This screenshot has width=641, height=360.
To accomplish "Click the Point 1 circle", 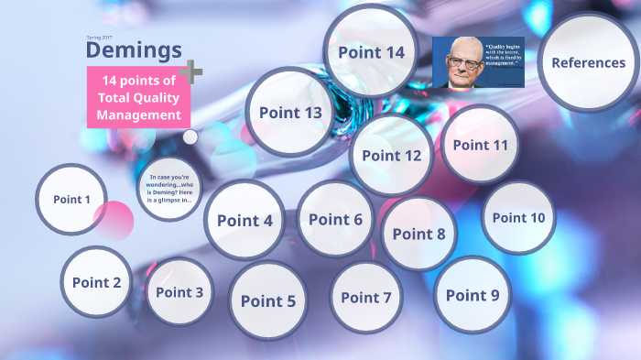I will (x=71, y=200).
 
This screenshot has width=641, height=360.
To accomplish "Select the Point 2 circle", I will (x=96, y=282).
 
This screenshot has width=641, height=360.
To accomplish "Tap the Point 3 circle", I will (x=179, y=292).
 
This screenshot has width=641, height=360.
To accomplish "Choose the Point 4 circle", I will (x=244, y=220).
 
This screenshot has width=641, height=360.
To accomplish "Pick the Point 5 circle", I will (x=268, y=300).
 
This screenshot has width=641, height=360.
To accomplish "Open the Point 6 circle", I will (x=335, y=219).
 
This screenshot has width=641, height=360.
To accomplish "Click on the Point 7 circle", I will (x=365, y=297).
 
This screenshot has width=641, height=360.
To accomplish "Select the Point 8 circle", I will (x=418, y=234).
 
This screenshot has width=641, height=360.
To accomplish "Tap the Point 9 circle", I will (x=472, y=295).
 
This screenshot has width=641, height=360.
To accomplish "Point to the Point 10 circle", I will (x=518, y=217).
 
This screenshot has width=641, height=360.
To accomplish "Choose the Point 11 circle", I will (x=480, y=145).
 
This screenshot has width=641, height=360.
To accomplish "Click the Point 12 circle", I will (x=391, y=155).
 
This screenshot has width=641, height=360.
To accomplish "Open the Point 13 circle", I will (x=290, y=113).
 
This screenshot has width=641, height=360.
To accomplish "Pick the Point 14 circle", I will (x=371, y=52).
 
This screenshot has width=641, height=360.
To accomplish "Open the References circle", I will (x=588, y=63).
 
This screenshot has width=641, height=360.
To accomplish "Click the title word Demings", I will (x=134, y=49).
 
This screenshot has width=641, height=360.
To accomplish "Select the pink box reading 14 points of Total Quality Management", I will (x=139, y=97).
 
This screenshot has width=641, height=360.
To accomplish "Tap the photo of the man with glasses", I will (x=478, y=62).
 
